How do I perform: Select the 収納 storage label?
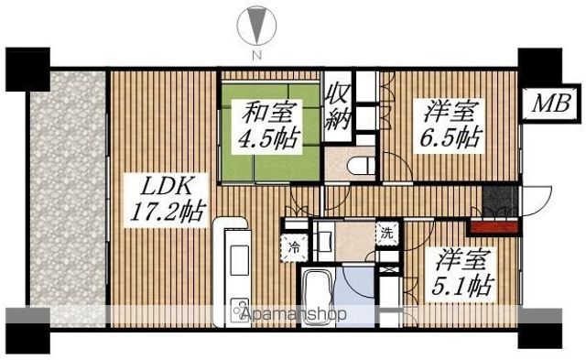[x=340, y=106]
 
